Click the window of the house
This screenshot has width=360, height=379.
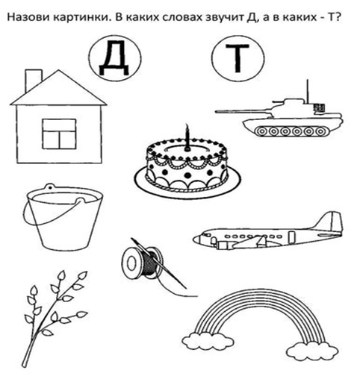58,134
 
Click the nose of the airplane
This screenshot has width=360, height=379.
197,239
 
